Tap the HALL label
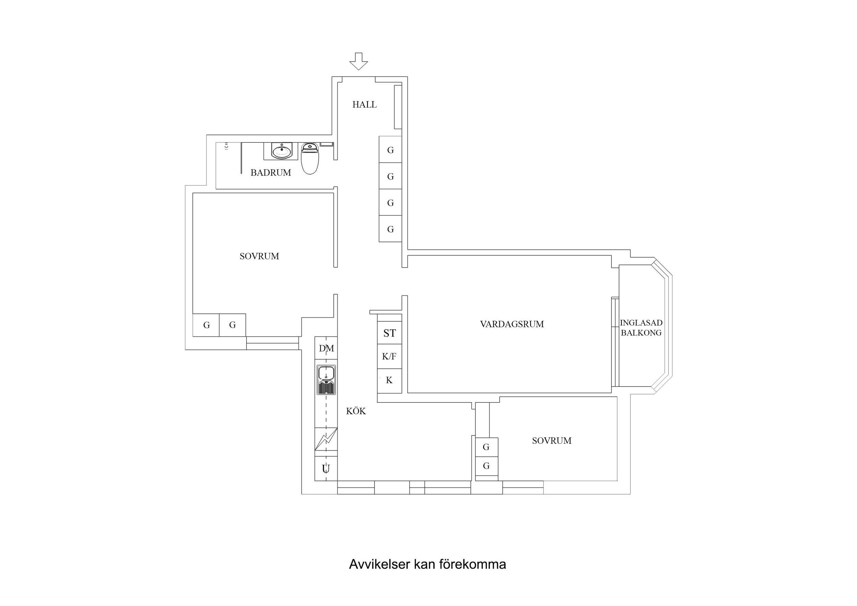pos(364,105)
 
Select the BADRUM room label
pos(271,173)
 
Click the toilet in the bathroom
pos(310,159)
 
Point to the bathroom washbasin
pos(282,151)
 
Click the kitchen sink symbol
pos(326,380)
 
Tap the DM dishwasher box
pos(326,348)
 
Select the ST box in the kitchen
pos(389,333)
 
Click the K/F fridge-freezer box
pos(389,357)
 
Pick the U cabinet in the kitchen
pos(326,468)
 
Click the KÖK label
pos(356,411)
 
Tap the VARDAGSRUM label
pos(512,324)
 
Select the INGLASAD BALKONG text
pos(641,328)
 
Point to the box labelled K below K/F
pos(389,380)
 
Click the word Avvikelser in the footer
pos(379,564)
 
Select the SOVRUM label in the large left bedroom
pos(259,256)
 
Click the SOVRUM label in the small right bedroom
pos(551,441)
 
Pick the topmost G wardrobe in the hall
pos(390,150)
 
